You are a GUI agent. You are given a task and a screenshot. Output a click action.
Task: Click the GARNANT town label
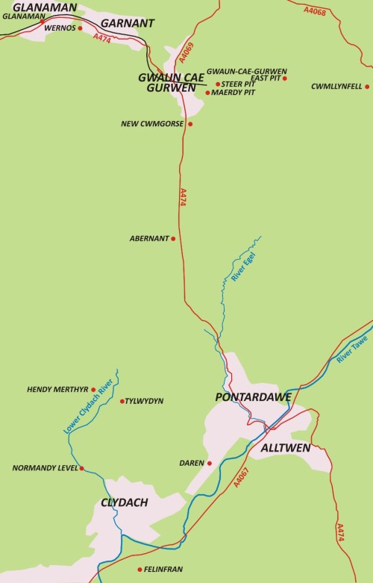tap(127, 23)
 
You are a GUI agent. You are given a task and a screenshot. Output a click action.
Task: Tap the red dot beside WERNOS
tap(81, 28)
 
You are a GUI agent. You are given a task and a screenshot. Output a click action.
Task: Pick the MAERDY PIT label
tap(234, 93)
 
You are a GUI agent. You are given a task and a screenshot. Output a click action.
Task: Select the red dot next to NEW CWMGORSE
tap(190, 124)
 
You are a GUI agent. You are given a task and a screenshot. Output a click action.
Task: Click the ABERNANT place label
tap(148, 239)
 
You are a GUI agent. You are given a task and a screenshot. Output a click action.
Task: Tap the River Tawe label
tap(348, 349)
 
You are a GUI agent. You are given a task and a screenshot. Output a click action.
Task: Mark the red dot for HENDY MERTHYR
tap(93, 389)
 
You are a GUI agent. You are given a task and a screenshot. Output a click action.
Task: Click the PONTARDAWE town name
tap(253, 397)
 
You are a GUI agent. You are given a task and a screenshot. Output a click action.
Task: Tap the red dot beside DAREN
tap(210, 463)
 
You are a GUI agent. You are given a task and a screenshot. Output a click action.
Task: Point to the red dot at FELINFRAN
tap(140, 570)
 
